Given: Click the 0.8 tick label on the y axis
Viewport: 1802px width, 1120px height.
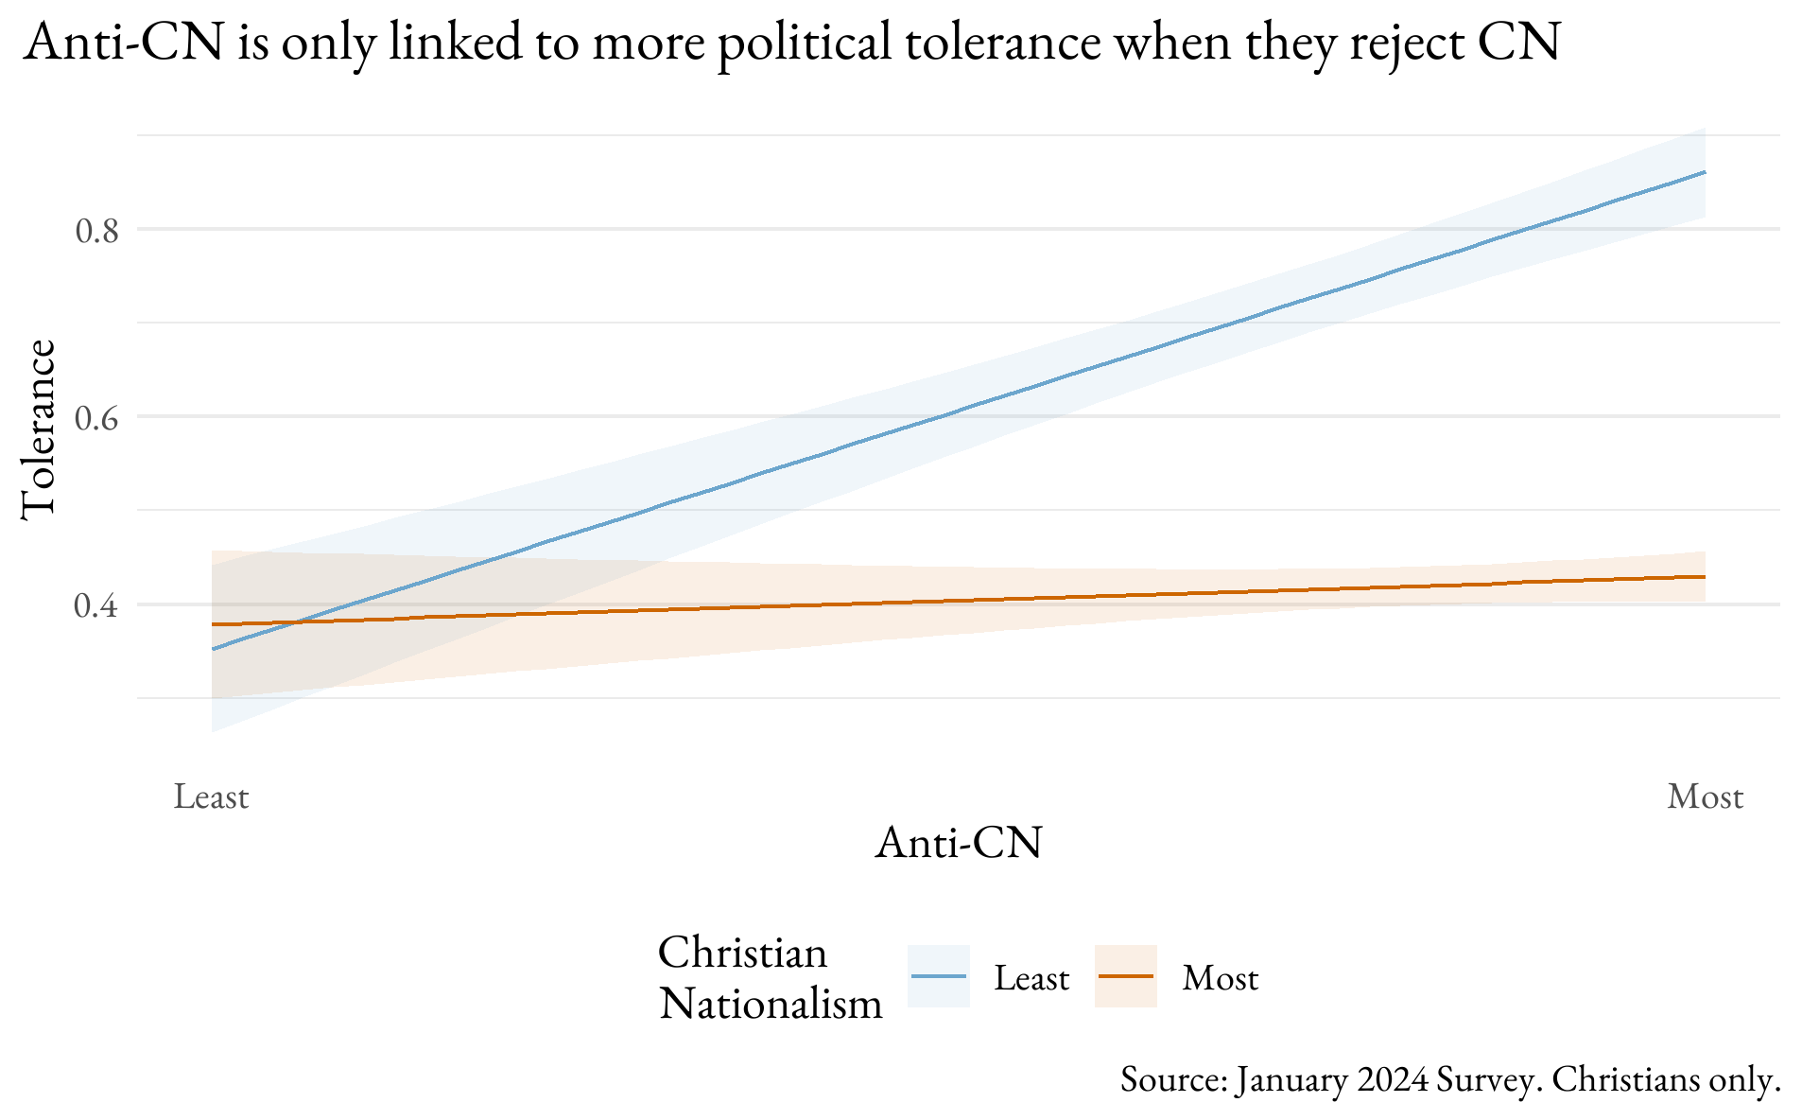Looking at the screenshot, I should (x=96, y=230).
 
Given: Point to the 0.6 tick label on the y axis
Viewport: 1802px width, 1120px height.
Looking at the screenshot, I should (x=96, y=417).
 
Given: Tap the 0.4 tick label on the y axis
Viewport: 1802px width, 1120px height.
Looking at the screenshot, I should (x=96, y=605).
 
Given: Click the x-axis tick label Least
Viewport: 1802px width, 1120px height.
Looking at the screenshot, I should (x=211, y=796).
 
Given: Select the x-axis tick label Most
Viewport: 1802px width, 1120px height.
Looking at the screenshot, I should (x=1705, y=796).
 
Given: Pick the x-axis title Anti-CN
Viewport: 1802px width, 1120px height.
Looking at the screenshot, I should (x=958, y=842).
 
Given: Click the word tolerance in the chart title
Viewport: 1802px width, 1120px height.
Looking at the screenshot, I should (x=1002, y=43).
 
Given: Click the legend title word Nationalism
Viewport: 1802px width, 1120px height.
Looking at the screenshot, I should (x=771, y=1003).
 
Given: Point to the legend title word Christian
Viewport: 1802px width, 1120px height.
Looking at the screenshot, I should (x=742, y=952).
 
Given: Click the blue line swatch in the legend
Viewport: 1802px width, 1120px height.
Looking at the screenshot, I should (x=938, y=976).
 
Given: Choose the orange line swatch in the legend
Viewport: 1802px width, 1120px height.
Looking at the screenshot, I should (x=1125, y=976).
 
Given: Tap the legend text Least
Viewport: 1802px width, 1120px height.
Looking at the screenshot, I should (x=1031, y=978).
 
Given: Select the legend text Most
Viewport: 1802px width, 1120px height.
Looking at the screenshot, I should (x=1220, y=978).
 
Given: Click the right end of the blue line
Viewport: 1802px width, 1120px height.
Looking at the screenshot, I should (x=1704, y=172).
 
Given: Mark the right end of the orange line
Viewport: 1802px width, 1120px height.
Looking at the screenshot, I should (x=1704, y=577).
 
